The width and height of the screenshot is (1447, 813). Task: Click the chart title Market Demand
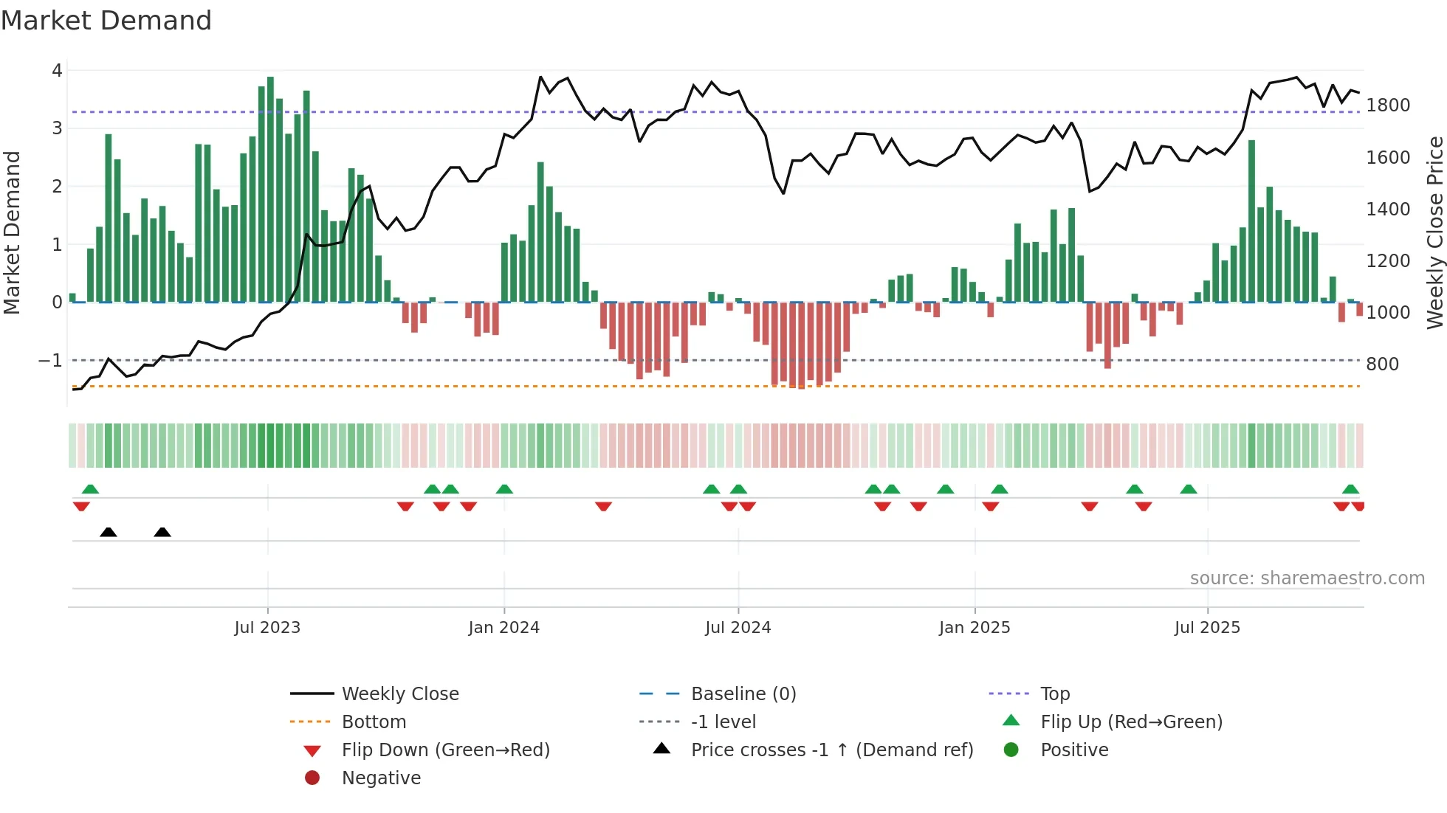106,21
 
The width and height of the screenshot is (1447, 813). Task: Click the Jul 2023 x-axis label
267,628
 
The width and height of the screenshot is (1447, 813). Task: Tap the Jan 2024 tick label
503,628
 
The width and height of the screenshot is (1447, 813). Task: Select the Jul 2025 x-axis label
1207,628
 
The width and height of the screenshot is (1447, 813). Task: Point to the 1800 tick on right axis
1388,105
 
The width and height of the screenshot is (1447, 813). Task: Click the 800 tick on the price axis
1382,364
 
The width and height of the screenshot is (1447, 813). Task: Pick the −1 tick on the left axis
50,361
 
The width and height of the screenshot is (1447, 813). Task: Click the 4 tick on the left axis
57,71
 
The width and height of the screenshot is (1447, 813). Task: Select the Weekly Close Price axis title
1434,232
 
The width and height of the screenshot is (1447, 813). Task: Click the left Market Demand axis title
12,232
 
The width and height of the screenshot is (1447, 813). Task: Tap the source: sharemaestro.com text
1307,578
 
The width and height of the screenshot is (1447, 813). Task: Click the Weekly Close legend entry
399,694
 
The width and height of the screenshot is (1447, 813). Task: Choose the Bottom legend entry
374,722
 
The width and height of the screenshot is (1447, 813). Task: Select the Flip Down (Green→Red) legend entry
445,750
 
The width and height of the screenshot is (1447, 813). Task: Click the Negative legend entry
381,778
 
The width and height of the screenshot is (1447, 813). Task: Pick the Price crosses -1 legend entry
831,750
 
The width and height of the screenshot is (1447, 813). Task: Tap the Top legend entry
1055,694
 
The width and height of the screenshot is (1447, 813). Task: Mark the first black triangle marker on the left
109,532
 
